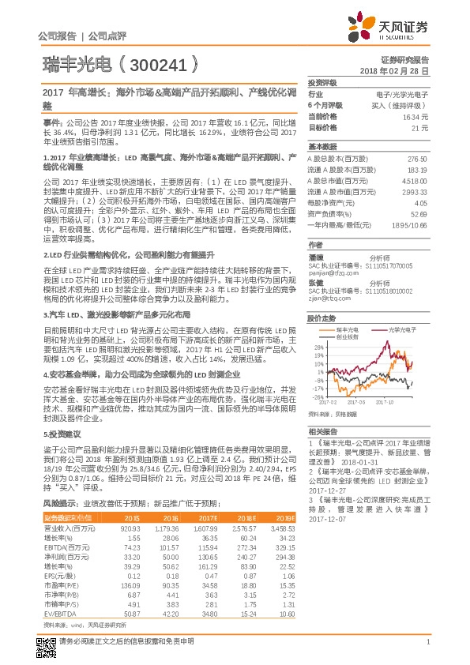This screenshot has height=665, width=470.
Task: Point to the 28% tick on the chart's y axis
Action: (x=318, y=346)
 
